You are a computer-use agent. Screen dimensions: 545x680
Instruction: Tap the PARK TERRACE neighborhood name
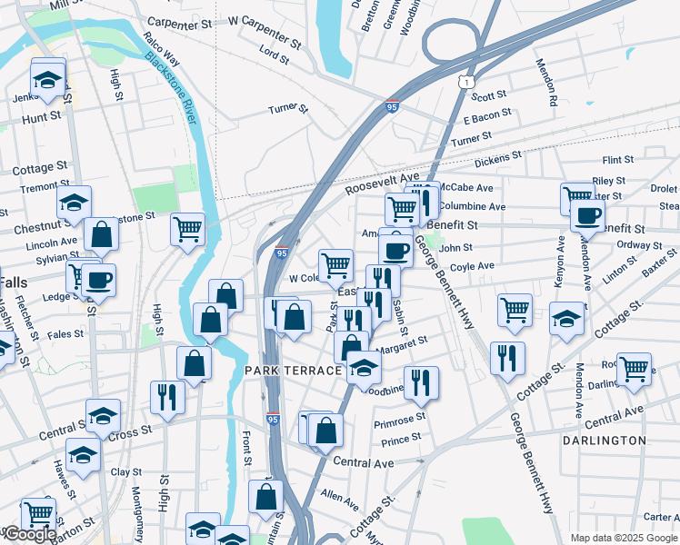point(293,372)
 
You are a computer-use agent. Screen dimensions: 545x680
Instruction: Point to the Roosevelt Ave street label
point(382,183)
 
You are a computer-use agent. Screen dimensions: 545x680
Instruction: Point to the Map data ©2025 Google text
point(624,538)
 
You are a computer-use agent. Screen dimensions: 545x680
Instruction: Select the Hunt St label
point(41,116)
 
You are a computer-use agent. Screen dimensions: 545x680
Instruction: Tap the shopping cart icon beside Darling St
point(634,368)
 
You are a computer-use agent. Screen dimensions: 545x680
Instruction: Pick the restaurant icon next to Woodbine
point(421,382)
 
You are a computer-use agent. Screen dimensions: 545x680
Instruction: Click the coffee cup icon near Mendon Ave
point(587,216)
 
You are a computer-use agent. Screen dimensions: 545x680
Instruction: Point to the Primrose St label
point(400,419)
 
